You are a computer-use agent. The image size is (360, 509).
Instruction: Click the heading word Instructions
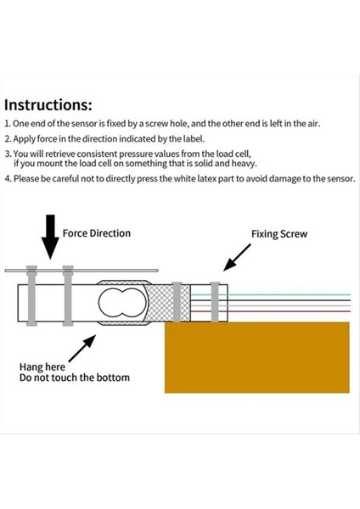pos(48,105)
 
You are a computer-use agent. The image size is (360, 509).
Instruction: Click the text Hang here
pos(42,366)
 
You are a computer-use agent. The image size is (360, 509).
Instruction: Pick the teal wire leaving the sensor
pos(289,294)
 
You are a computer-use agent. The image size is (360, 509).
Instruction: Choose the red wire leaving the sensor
pos(289,311)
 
